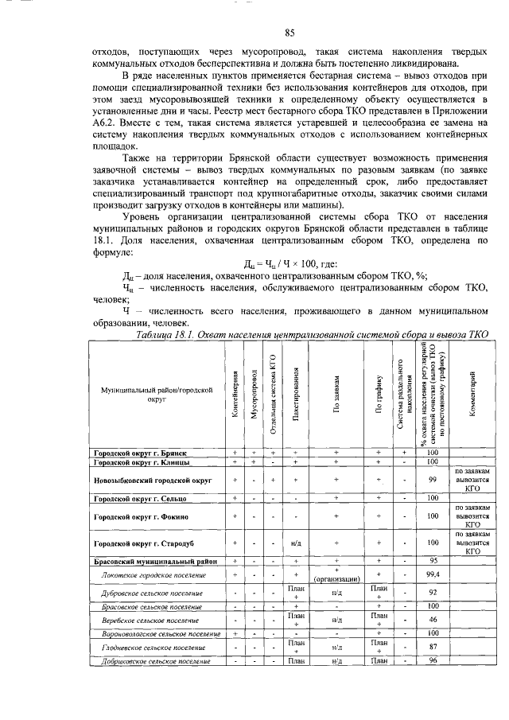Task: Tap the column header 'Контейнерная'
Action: pos(235,394)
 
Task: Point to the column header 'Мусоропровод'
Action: pos(254,394)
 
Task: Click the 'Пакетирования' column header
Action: pos(295,394)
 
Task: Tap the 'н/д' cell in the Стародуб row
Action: pos(295,543)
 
